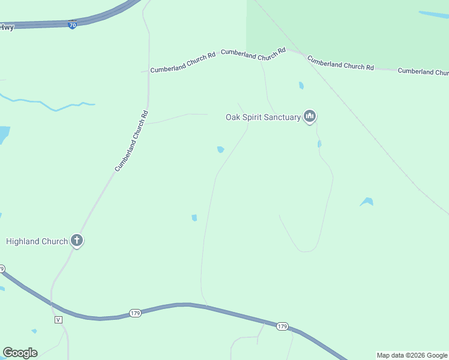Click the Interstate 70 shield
(72, 25)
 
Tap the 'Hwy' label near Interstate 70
(7, 27)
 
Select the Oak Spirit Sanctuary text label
(263, 117)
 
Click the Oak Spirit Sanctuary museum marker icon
(310, 116)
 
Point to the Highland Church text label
(37, 241)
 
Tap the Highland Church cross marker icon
(76, 241)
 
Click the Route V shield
(58, 319)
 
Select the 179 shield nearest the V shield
(135, 313)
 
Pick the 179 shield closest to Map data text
(282, 326)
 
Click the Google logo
(20, 353)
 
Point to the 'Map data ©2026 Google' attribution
(412, 355)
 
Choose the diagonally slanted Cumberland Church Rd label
(131, 141)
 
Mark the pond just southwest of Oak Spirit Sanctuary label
(221, 149)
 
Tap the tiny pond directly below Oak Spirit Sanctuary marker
(319, 143)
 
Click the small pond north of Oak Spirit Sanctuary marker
(301, 86)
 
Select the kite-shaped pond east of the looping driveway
(367, 202)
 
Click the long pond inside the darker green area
(433, 14)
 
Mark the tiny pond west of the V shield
(34, 331)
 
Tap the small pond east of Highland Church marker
(194, 218)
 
